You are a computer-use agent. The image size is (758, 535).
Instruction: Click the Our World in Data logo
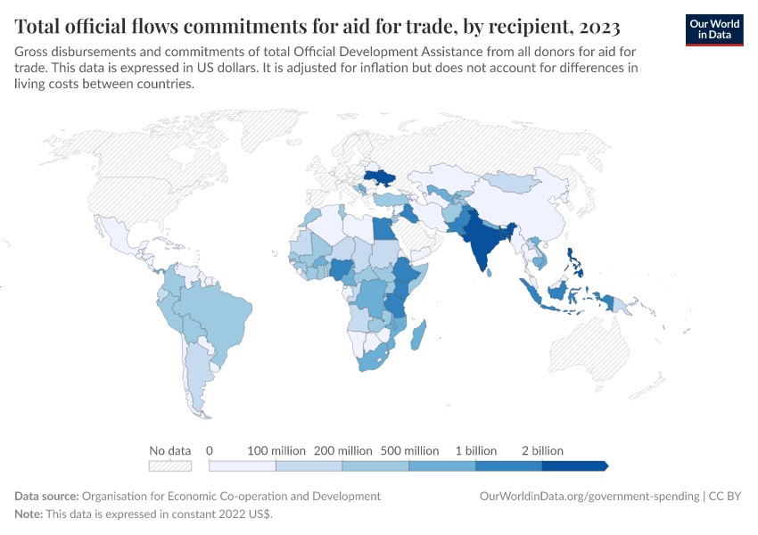click(714, 29)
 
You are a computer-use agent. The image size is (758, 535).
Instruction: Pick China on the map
click(526, 205)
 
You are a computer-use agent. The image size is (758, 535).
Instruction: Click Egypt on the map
click(383, 228)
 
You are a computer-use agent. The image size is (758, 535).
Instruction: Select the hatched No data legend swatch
click(170, 465)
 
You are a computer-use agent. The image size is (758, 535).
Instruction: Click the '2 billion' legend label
click(542, 450)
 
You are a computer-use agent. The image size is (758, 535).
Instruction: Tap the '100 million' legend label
click(276, 450)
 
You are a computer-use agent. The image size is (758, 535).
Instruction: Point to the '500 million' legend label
click(409, 450)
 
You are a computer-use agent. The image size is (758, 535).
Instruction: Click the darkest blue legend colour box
click(574, 465)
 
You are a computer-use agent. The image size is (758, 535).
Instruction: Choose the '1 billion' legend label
click(475, 450)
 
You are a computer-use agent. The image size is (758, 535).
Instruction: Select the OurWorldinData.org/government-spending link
click(589, 496)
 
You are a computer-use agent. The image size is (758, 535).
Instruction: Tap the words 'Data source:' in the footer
click(46, 496)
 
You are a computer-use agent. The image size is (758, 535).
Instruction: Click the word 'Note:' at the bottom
click(30, 514)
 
